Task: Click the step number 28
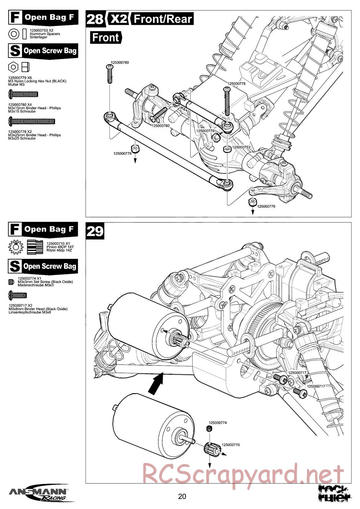[95, 19]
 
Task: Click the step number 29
[95, 231]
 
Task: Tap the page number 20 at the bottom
[182, 497]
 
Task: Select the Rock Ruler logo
[334, 493]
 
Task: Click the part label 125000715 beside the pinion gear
[230, 445]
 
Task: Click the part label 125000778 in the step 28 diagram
[236, 84]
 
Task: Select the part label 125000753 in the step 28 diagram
[241, 147]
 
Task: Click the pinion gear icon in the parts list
[15, 247]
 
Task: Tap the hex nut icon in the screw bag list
[13, 67]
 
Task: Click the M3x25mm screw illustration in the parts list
[31, 121]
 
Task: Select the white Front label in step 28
[105, 37]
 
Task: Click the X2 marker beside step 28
[119, 19]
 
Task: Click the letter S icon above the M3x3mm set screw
[15, 266]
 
